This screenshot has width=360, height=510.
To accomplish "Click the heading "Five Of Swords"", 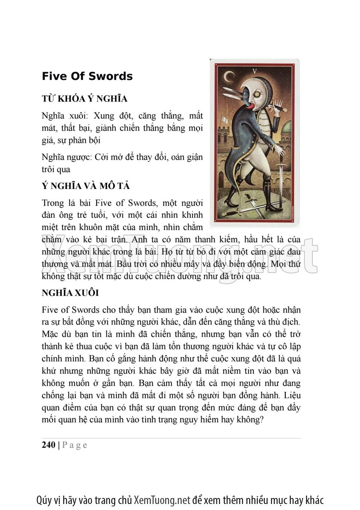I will coord(87,76).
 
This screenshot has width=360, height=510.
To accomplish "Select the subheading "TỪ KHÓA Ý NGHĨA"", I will coord(84,99).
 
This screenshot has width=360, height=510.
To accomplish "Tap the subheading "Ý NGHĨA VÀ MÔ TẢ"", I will coord(86,186).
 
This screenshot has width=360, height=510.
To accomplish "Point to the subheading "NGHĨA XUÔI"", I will coord(70,293).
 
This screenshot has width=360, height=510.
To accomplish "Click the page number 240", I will coord(48,445).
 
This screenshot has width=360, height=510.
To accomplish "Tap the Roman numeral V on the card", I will coord(254,70).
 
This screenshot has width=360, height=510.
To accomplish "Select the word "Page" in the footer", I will coord(74,445).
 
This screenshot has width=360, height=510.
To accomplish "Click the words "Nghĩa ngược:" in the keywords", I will coord(66,157).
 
